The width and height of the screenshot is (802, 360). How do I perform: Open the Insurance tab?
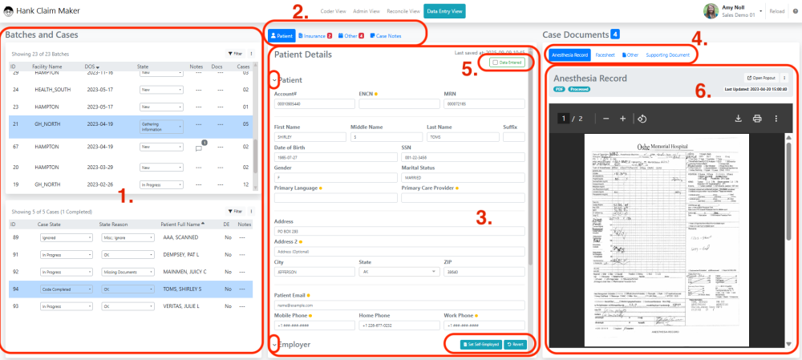click(314, 36)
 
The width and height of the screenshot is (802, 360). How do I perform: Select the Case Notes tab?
click(387, 36)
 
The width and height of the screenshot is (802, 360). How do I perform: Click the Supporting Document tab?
click(667, 55)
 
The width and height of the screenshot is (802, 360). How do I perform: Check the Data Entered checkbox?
click(495, 62)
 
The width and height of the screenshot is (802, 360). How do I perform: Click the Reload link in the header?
click(776, 12)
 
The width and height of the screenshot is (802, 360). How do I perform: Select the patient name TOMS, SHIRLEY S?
click(180, 289)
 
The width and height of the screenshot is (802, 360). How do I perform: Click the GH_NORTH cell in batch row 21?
click(47, 124)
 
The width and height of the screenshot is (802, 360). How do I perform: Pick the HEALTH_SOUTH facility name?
click(54, 89)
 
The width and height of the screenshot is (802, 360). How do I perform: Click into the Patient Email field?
click(399, 305)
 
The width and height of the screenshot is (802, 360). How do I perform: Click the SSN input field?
click(463, 157)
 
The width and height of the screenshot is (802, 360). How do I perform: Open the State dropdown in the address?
click(398, 271)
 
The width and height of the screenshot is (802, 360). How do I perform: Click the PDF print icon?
click(756, 119)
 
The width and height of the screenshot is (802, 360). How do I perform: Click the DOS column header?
click(91, 65)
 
